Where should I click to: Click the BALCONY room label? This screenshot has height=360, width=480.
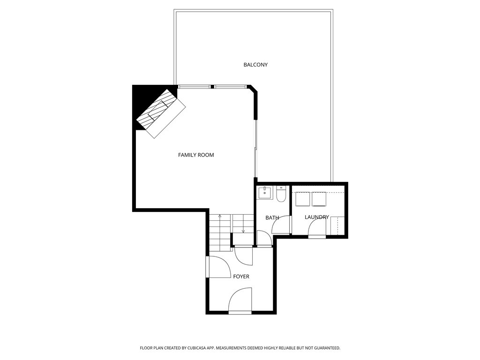pos(255,65)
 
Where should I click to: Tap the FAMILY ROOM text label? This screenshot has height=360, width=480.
pos(196,155)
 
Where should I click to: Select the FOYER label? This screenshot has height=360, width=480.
pos(241,277)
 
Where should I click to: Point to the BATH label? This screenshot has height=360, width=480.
pos(272,217)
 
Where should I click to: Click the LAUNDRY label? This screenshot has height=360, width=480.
pos(316,217)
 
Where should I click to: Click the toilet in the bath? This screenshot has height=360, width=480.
pos(281,194)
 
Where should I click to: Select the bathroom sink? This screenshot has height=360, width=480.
pos(266,193)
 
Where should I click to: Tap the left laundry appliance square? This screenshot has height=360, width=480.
pos(301,199)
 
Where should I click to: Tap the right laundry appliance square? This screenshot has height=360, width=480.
pos(319,199)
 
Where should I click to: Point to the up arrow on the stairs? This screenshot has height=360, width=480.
pos(219,216)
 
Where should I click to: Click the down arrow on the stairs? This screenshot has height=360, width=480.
pos(243,230)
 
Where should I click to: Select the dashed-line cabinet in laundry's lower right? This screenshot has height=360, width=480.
pos(337,226)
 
